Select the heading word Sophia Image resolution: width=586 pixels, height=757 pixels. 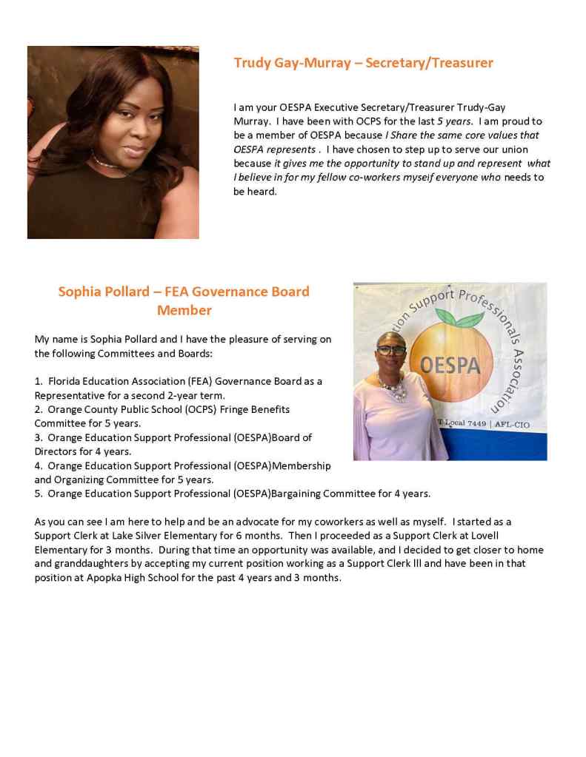tap(83, 292)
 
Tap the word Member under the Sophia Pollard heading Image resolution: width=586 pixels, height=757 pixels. tap(184, 310)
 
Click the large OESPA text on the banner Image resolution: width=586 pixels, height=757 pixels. tap(450, 365)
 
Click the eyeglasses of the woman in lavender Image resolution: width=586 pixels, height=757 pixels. tap(391, 350)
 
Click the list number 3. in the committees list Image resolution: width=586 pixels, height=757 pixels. tap(39, 437)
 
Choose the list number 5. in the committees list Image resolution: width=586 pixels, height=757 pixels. tap(39, 494)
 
